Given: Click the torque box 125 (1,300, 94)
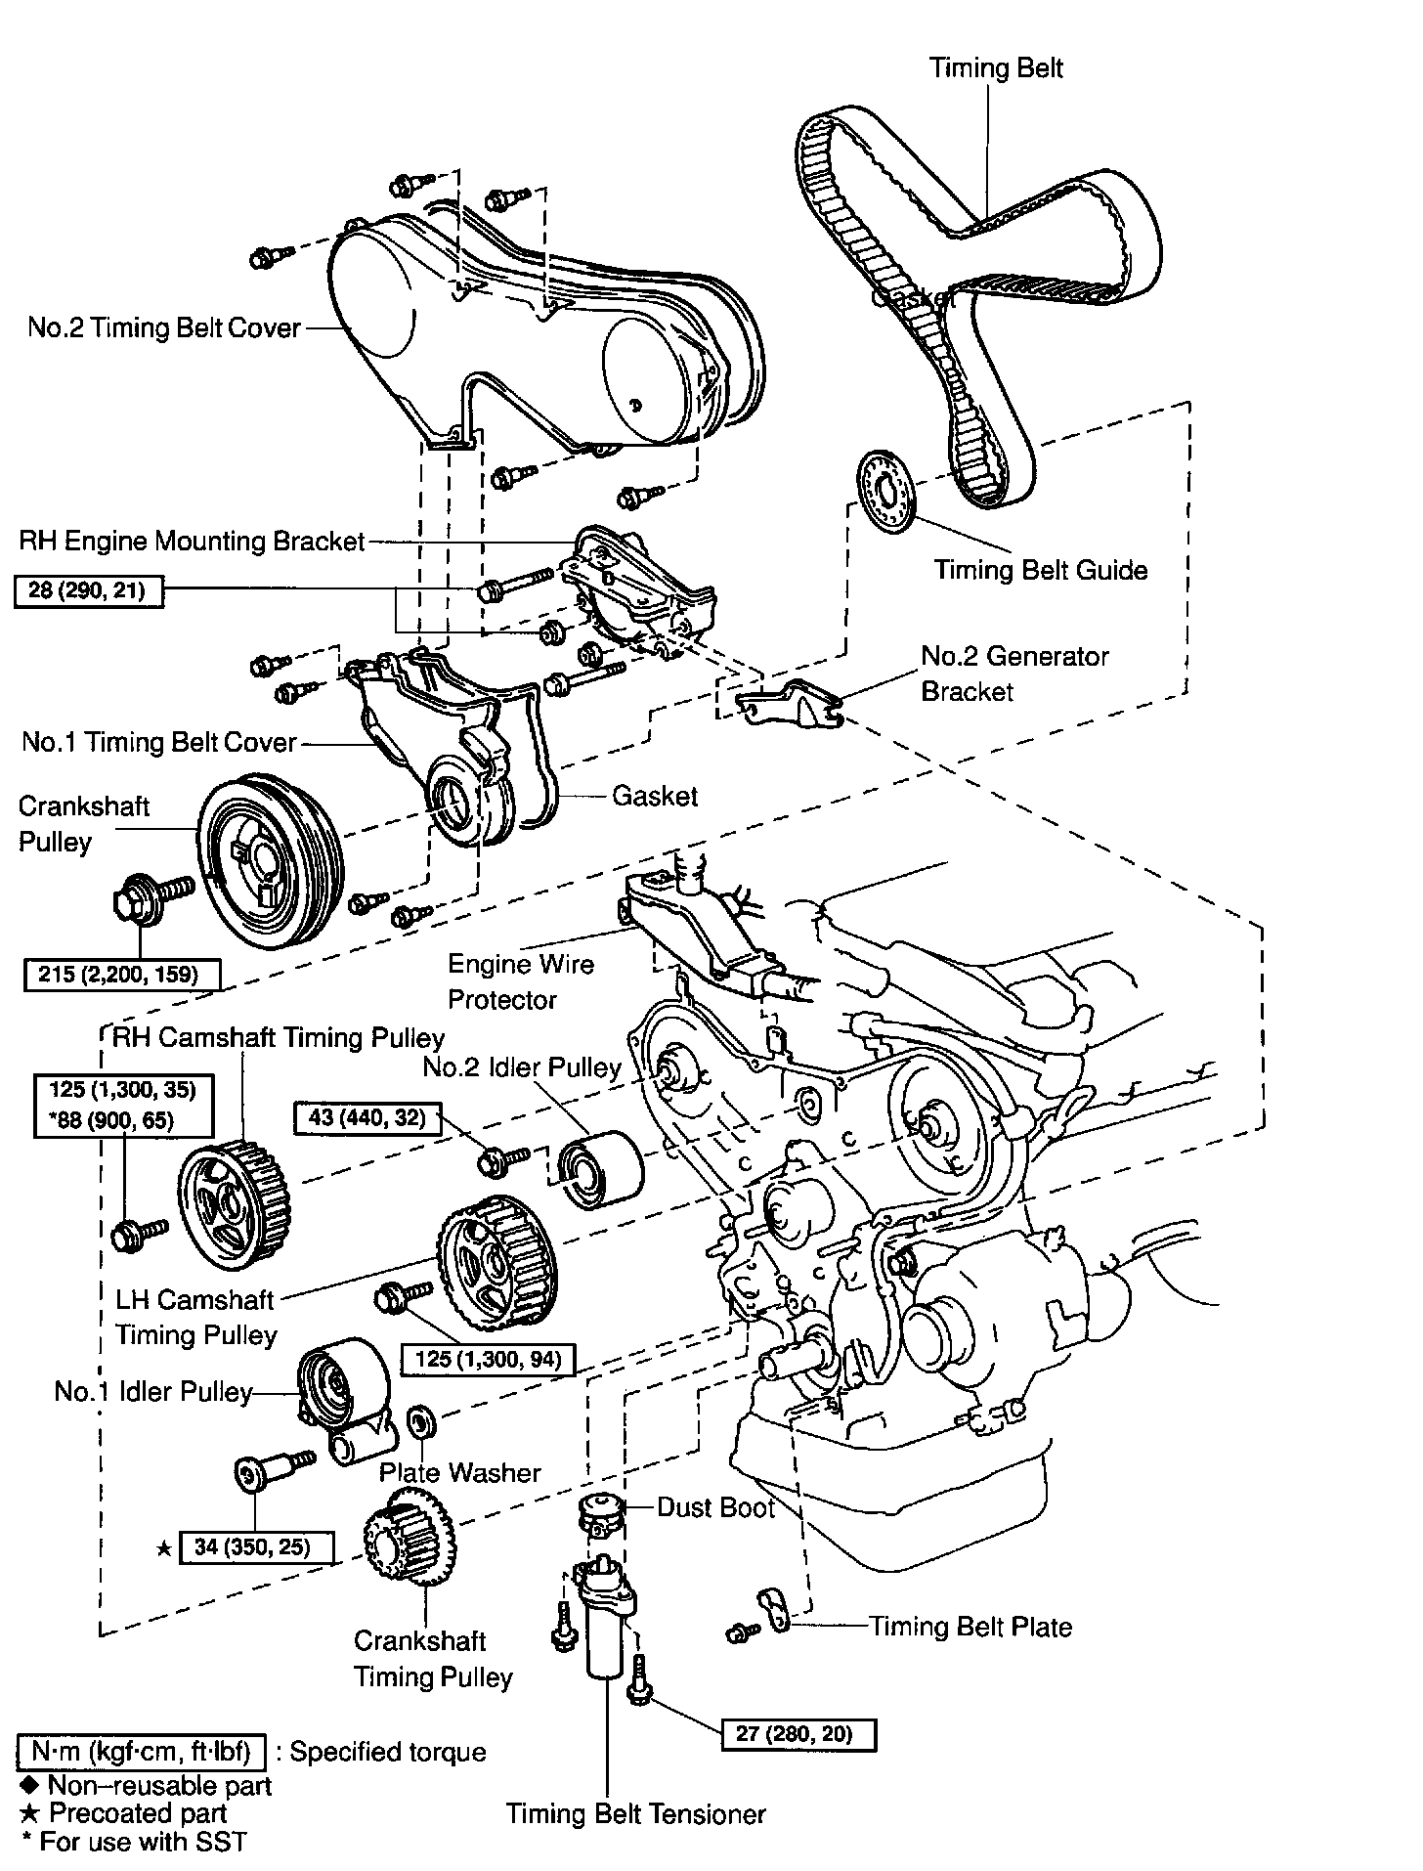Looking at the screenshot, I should click(488, 1359).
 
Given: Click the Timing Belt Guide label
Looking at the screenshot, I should click(1040, 570).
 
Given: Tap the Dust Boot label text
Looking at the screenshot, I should click(715, 1506).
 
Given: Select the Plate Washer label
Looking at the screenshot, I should click(459, 1471).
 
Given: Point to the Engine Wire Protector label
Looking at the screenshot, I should click(520, 981).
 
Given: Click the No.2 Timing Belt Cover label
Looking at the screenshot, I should click(164, 327).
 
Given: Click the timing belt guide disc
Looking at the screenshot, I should click(884, 493).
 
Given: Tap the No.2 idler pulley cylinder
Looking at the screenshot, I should click(600, 1168).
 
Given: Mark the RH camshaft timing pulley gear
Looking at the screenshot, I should click(234, 1203).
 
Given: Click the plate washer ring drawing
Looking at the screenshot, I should click(420, 1421).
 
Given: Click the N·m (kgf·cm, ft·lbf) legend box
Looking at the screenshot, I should click(141, 1751).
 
